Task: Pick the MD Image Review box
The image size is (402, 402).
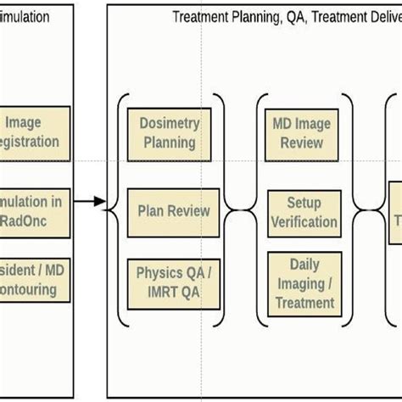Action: tap(301, 133)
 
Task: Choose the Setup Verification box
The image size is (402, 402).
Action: tap(303, 212)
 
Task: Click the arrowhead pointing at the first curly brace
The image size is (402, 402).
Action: tap(100, 202)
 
